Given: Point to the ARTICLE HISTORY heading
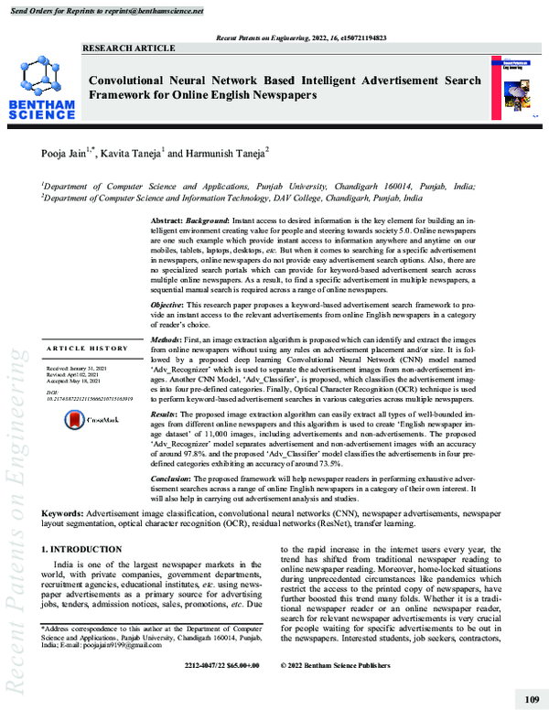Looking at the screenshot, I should click(x=87, y=349).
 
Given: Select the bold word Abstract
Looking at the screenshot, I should click(x=166, y=222).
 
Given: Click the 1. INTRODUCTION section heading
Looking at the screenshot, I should click(x=81, y=549).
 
